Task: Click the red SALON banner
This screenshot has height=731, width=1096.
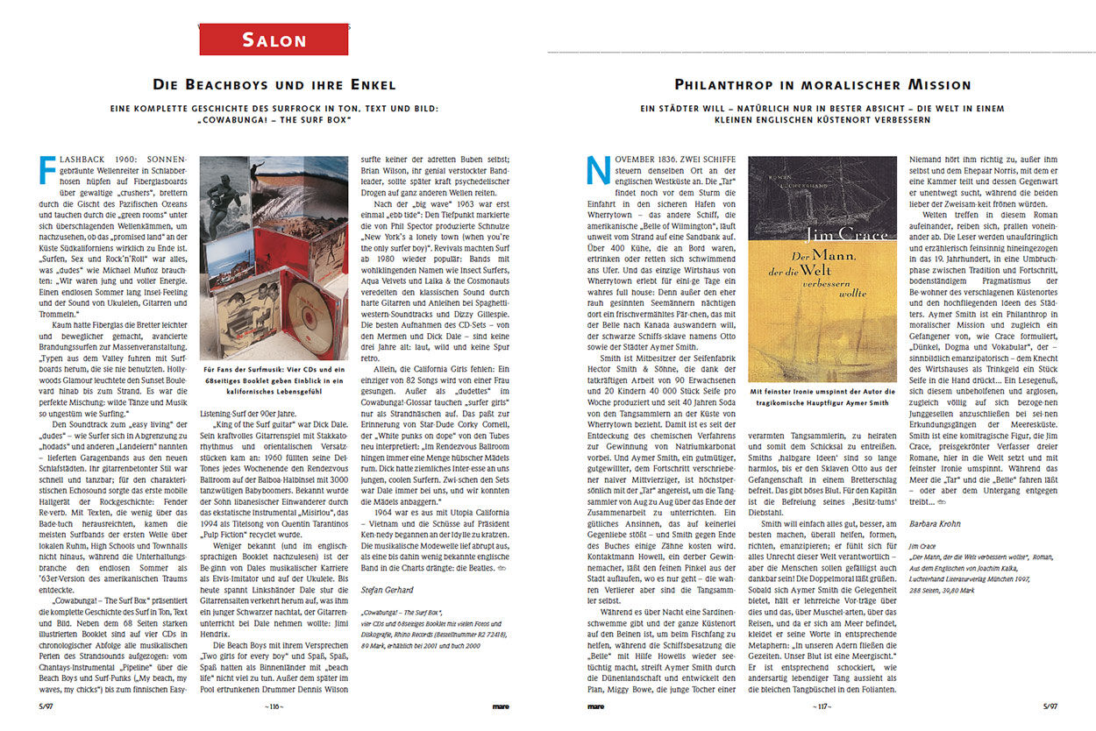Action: (274, 39)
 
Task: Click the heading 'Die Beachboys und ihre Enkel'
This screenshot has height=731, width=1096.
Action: (274, 85)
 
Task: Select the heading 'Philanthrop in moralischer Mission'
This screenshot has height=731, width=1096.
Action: (822, 85)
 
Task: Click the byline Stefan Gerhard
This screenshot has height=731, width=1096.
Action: (386, 590)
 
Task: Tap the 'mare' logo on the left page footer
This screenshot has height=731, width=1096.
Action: (501, 706)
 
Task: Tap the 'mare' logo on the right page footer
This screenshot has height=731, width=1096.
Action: (595, 706)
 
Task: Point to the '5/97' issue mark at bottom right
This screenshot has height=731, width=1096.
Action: (1050, 706)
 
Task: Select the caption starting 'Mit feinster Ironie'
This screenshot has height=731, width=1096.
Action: (823, 396)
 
